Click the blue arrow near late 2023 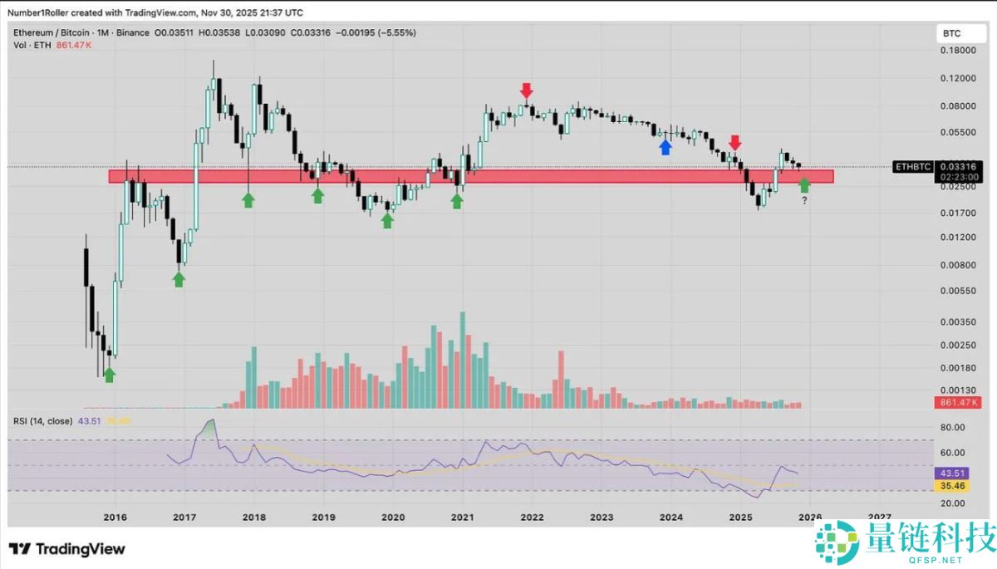tap(665, 147)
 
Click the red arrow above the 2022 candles tap(526, 90)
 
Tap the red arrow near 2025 tap(735, 143)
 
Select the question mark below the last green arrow tap(804, 200)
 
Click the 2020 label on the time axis tap(393, 517)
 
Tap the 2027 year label tap(880, 517)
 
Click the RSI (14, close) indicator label tap(42, 421)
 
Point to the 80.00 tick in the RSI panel tap(952, 427)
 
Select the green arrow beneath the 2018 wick tap(248, 199)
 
